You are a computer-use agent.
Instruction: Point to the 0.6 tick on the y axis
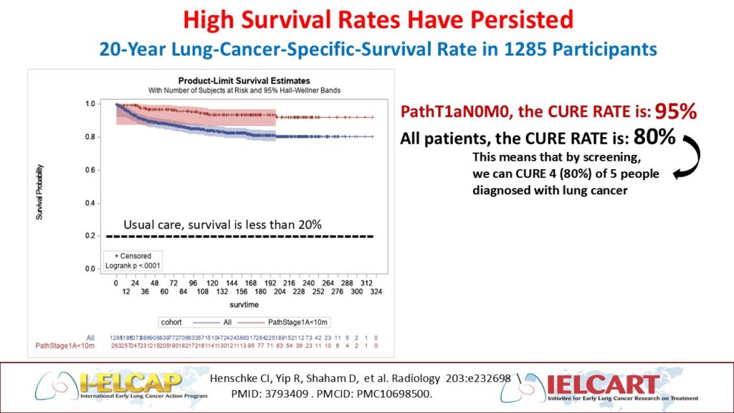pyautogui.click(x=90, y=170)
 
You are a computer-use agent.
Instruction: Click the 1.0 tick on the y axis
pyautogui.click(x=90, y=104)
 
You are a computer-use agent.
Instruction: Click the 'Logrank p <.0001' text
pyautogui.click(x=133, y=265)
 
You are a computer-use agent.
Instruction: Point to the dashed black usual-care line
pyautogui.click(x=244, y=236)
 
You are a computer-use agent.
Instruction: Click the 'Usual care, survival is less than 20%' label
pyautogui.click(x=222, y=224)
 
